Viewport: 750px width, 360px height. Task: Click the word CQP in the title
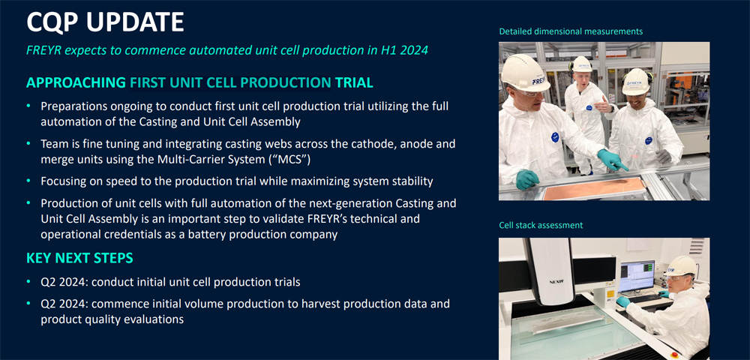click(x=56, y=22)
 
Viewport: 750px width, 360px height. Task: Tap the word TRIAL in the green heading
click(x=355, y=82)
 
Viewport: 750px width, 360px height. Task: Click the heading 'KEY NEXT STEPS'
click(x=79, y=259)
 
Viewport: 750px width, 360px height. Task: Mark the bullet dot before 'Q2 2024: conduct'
click(x=28, y=281)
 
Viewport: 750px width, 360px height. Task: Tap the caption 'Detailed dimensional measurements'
click(x=571, y=31)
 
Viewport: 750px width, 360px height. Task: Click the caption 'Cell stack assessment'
click(x=541, y=225)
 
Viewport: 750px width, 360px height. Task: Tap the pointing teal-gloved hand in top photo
click(x=613, y=160)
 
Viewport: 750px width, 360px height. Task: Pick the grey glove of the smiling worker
click(x=663, y=157)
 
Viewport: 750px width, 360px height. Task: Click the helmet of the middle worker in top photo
click(x=582, y=64)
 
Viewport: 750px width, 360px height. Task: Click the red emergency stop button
click(x=676, y=355)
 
